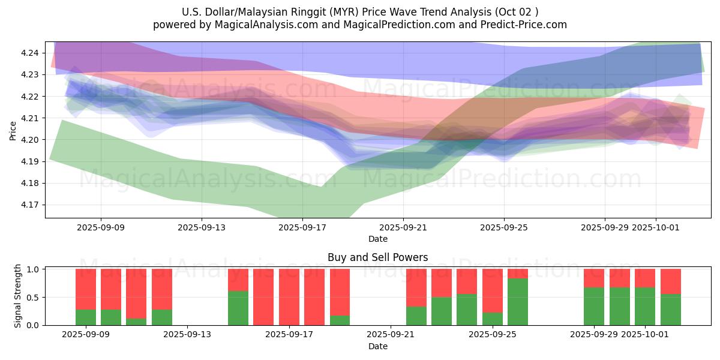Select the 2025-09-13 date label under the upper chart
[201, 227]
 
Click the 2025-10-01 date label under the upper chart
[655, 227]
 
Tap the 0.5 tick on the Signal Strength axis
[33, 298]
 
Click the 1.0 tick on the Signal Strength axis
[33, 269]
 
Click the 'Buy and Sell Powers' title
[377, 257]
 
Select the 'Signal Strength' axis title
[18, 296]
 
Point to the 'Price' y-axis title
[13, 131]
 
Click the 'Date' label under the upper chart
[377, 239]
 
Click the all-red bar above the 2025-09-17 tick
[289, 297]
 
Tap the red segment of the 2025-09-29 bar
[594, 278]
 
